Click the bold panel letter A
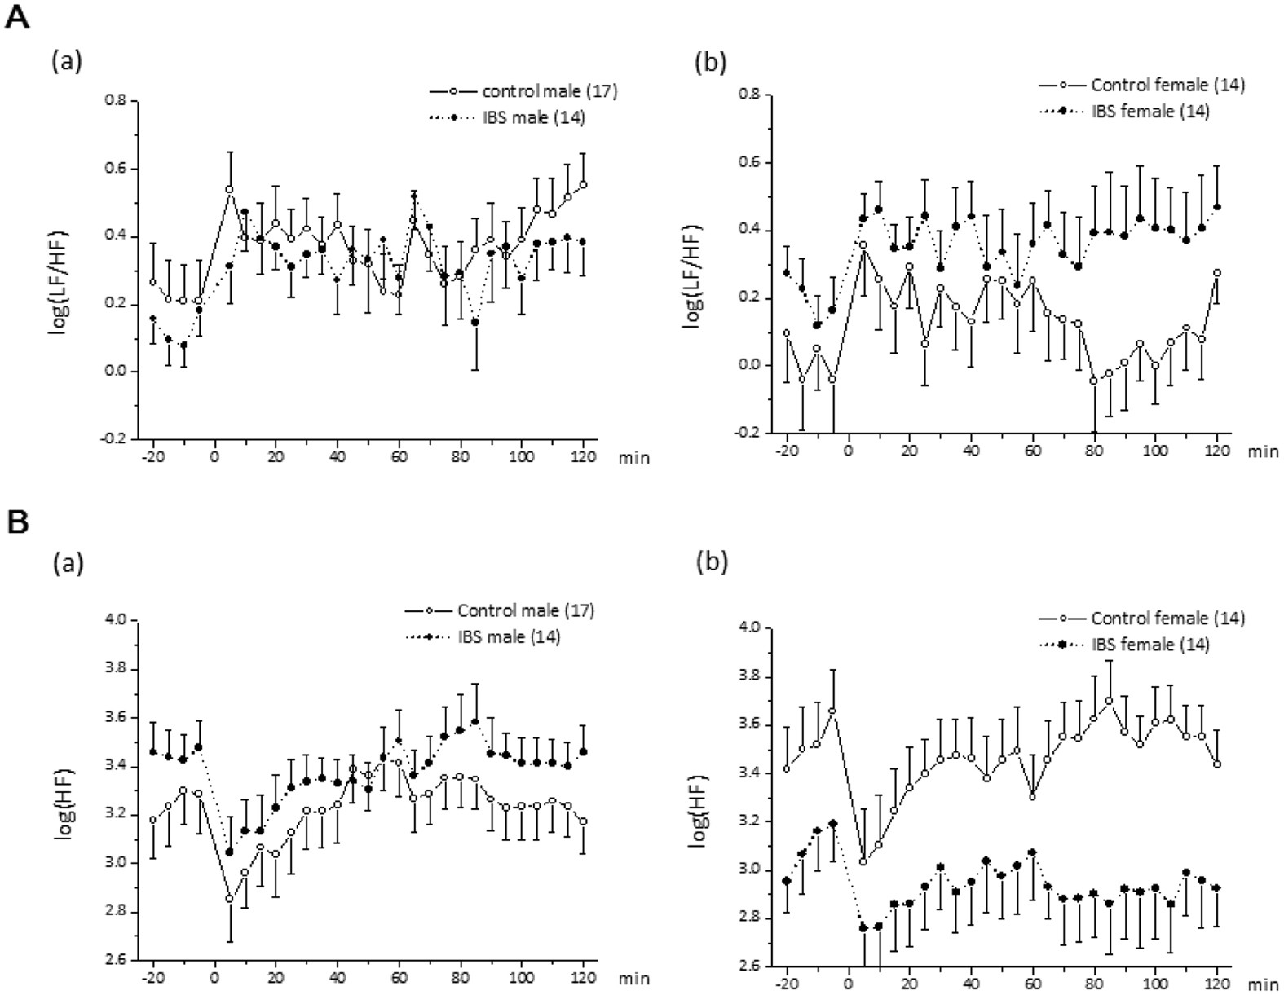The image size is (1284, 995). [x=17, y=17]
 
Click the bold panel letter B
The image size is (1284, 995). [x=17, y=522]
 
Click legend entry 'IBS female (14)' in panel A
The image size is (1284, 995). [x=1149, y=111]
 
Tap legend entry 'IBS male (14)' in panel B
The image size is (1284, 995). [x=510, y=636]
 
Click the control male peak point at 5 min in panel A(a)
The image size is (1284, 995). [x=229, y=189]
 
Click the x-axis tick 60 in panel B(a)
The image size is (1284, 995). [x=399, y=977]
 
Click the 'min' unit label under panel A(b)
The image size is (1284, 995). [x=1262, y=451]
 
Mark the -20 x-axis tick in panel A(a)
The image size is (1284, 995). [x=152, y=457]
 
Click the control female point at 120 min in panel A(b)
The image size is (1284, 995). [x=1217, y=273]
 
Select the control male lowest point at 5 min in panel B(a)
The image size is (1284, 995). [x=229, y=899]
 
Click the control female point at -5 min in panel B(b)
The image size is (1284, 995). [x=832, y=711]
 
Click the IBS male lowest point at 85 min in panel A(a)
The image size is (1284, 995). [x=475, y=321]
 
